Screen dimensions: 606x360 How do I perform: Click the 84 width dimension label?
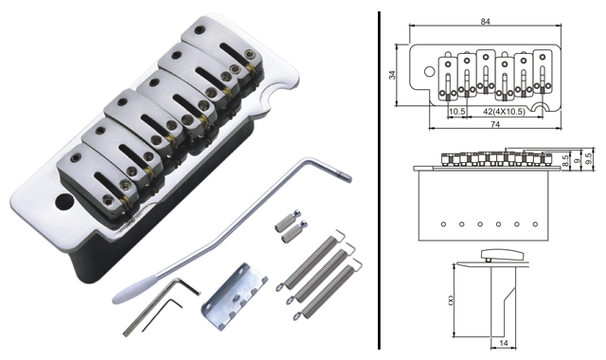point(485,22)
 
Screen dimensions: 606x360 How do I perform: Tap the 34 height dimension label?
point(393,75)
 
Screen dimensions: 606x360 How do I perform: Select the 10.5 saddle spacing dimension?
point(457,112)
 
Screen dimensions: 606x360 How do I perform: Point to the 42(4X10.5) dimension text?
point(504,112)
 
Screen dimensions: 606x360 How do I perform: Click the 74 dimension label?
point(495,124)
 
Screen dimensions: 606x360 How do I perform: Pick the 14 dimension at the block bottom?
point(503,343)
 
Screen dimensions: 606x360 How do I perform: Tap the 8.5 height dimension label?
point(565,161)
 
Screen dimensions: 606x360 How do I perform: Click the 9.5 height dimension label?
point(589,159)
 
